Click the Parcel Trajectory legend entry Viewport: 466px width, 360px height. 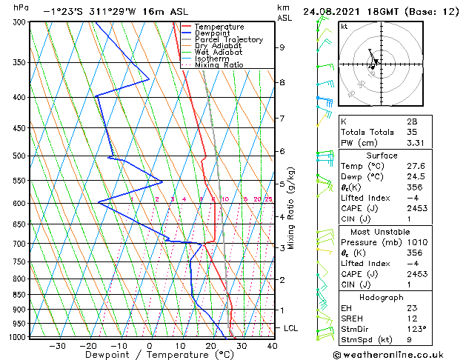coord(228,40)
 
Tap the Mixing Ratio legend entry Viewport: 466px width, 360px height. coord(219,64)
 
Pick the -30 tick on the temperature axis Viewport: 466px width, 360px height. coord(56,345)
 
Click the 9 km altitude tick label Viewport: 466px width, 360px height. coord(282,47)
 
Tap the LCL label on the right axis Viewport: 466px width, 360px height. coord(293,327)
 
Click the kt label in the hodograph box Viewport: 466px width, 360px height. coord(344,27)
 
